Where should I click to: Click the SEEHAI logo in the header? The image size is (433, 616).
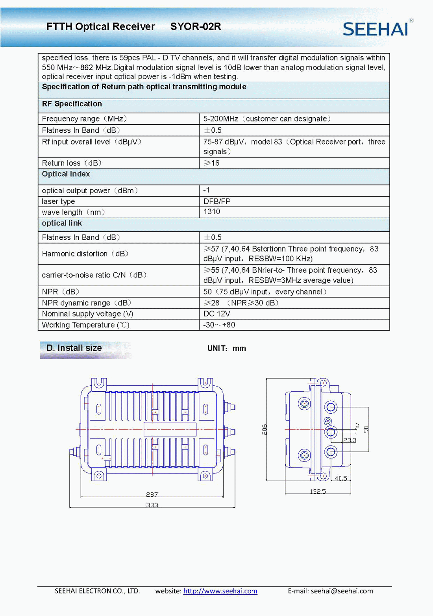tap(376, 29)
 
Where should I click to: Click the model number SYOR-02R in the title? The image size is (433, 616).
tap(196, 27)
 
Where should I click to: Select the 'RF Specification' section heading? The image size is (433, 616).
tap(72, 104)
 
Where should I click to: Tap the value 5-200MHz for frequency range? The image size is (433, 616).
tap(220, 119)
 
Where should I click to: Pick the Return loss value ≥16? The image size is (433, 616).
tap(212, 163)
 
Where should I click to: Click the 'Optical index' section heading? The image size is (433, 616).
tap(66, 174)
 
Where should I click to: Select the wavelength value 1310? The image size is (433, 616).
tap(212, 212)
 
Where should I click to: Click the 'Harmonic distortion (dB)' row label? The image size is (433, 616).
tap(85, 254)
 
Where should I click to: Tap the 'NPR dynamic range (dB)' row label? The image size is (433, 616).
tap(87, 303)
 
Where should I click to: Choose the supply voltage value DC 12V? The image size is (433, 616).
tap(217, 314)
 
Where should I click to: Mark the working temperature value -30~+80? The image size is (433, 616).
tap(219, 325)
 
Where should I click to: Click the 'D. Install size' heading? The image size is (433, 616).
tap(74, 348)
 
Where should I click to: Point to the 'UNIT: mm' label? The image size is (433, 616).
tap(227, 348)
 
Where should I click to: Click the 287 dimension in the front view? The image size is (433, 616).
tap(152, 494)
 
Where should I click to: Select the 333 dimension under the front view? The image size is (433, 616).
tap(152, 505)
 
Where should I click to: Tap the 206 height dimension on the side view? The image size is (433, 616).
tap(265, 429)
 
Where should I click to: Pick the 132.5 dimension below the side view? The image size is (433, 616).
tap(318, 491)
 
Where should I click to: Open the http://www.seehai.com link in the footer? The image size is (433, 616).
tap(220, 591)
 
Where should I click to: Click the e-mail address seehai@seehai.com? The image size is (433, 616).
tap(342, 591)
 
